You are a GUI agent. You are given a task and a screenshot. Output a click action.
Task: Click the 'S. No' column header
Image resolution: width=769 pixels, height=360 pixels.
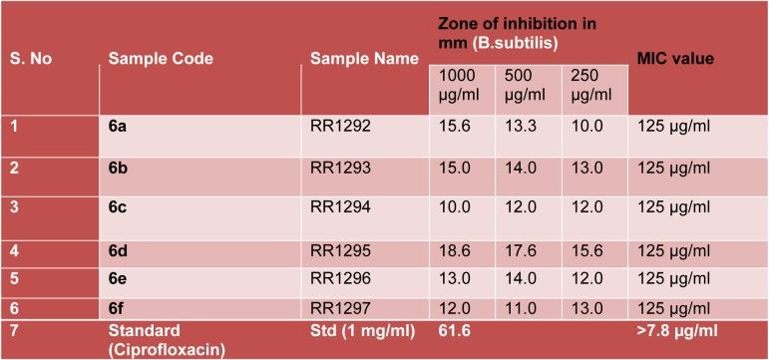(x=31, y=59)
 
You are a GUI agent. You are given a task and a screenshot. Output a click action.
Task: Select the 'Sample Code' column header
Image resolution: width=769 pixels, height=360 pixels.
(x=161, y=59)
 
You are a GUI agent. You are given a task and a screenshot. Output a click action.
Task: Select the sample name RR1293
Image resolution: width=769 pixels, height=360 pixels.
(x=340, y=168)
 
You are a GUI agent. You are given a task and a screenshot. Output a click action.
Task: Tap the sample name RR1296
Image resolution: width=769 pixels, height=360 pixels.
(x=340, y=280)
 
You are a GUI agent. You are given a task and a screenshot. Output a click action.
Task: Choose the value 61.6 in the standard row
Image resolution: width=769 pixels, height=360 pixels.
(x=453, y=327)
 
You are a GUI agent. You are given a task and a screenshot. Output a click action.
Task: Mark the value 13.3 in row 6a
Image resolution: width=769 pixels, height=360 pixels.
(x=521, y=127)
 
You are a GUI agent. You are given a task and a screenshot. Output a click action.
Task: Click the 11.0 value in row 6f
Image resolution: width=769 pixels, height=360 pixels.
(x=520, y=307)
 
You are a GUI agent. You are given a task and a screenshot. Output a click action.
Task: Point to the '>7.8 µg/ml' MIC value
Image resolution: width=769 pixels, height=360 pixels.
(x=678, y=327)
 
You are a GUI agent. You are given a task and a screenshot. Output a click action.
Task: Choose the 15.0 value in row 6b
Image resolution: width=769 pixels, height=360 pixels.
(x=453, y=168)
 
